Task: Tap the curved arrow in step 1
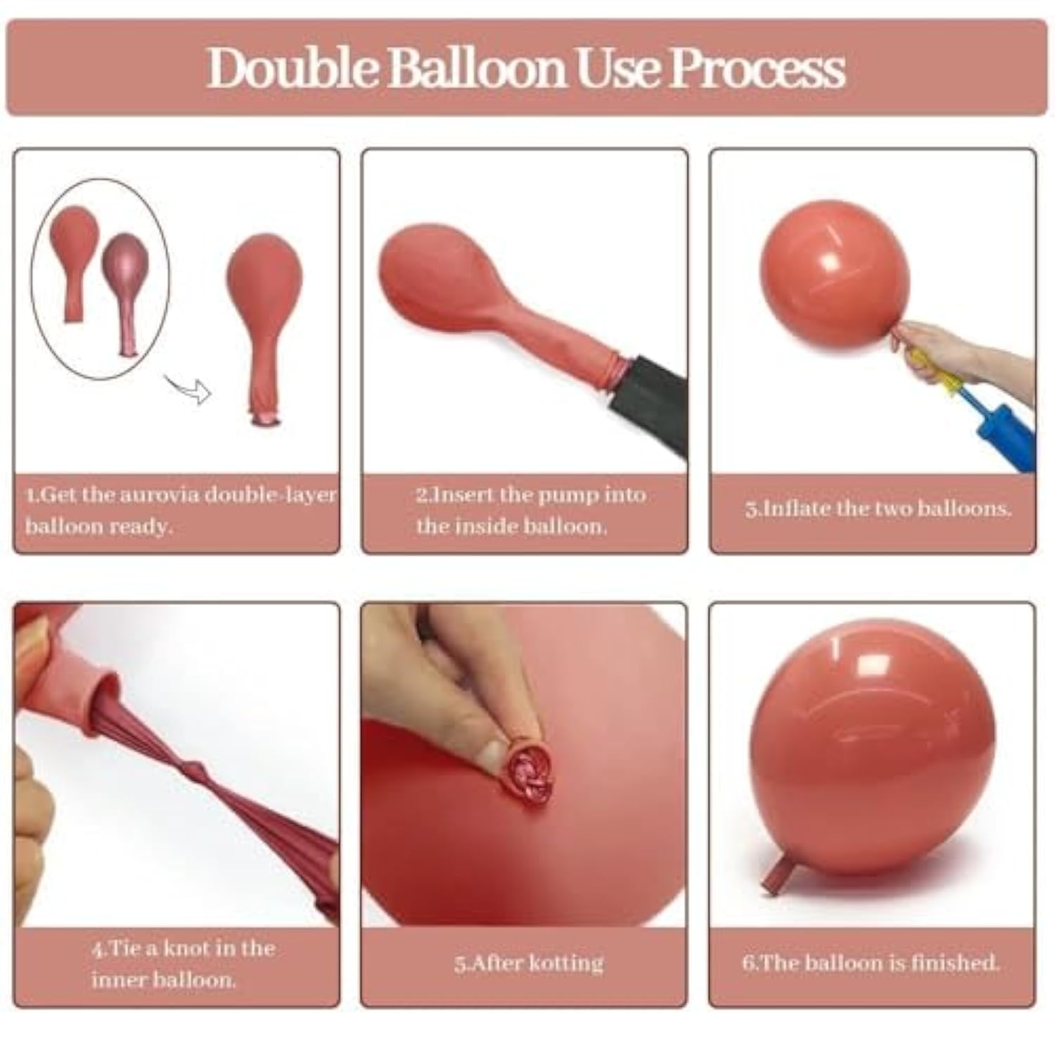(x=188, y=388)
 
